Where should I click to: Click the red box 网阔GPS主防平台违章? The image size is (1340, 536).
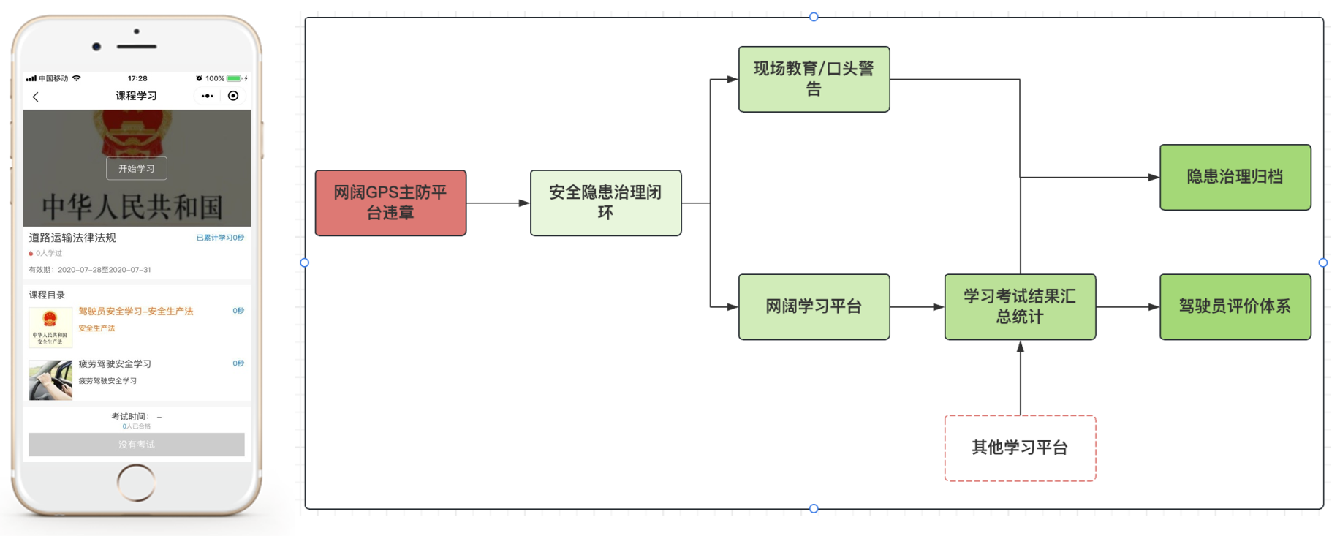(x=390, y=203)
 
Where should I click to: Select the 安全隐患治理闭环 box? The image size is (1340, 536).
(x=605, y=203)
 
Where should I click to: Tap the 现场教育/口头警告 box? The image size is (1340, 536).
(x=814, y=79)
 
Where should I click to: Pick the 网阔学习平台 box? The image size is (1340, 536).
(x=814, y=306)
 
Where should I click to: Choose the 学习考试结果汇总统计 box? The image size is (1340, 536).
(x=1020, y=306)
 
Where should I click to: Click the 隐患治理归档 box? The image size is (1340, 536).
(x=1235, y=177)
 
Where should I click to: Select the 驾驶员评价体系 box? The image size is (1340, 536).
(x=1235, y=306)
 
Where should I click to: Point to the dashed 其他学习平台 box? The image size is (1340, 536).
(x=1020, y=448)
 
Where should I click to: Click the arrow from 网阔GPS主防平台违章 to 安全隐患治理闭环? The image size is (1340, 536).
(x=498, y=203)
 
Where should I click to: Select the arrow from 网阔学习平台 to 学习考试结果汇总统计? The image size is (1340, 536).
(x=917, y=307)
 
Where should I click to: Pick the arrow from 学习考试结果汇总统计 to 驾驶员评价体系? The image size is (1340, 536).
(x=1127, y=307)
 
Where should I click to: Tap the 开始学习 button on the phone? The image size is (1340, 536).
(x=137, y=168)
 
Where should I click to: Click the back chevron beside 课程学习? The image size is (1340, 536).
(x=36, y=97)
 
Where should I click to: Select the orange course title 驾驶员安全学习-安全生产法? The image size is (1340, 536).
(x=136, y=312)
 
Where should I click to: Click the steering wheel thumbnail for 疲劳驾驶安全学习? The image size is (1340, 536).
(x=50, y=380)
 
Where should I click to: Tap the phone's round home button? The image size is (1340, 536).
(x=137, y=483)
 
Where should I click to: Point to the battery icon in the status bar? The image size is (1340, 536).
(x=234, y=78)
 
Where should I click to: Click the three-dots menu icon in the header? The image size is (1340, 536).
(x=208, y=96)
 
